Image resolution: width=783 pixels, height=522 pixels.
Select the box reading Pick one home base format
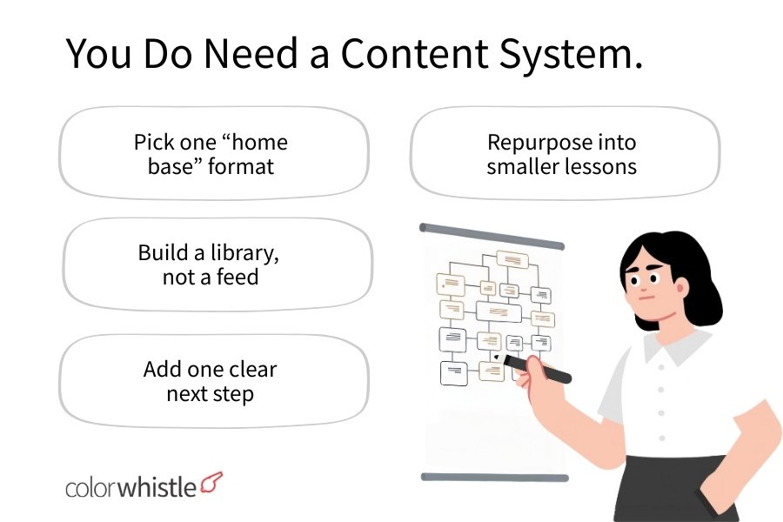coord(213,154)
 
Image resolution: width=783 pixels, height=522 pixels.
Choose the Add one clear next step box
coord(213,381)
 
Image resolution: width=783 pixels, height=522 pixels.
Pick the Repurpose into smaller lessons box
coord(564,154)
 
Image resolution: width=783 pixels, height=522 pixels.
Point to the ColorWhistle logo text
coord(130,486)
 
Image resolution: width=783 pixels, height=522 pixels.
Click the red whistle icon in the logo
coord(211,481)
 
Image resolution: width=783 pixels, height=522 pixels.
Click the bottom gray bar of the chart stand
coord(492,477)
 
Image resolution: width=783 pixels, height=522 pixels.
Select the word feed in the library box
coord(239,278)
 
